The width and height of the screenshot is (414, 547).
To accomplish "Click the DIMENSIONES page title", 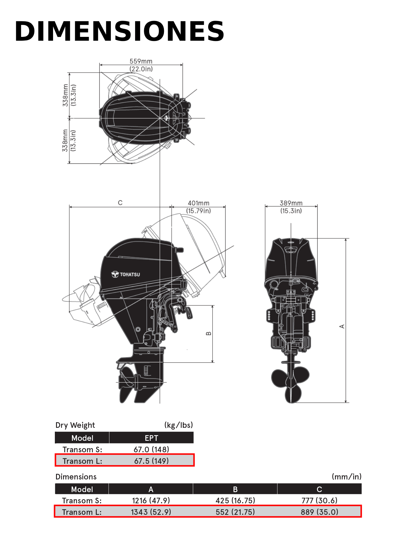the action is point(119,31).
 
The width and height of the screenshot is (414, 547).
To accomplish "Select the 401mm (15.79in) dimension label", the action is point(198,207).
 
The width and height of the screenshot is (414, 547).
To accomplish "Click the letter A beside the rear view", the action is point(342,326).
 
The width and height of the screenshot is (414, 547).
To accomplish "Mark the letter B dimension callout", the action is point(208,333).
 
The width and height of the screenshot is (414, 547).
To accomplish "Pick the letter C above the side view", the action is point(120,203).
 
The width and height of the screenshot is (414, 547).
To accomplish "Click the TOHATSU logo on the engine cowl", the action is point(126,274).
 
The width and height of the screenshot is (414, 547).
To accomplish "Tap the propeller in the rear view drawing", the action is point(290,384).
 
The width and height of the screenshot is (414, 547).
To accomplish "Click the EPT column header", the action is point(152,438).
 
